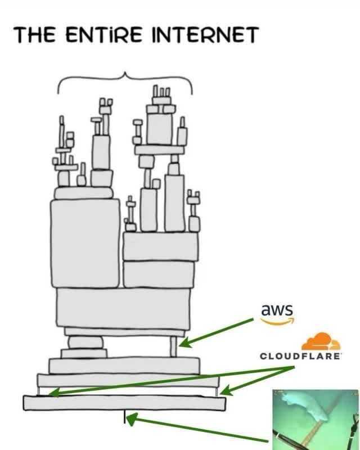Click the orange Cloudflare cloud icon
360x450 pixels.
321,342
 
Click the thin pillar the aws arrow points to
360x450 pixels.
174,346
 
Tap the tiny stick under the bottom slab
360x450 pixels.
124,417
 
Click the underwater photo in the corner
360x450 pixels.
315,419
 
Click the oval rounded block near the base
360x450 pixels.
85,341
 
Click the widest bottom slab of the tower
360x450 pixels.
124,403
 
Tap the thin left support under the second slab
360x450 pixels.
39,390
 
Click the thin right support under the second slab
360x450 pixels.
217,390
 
